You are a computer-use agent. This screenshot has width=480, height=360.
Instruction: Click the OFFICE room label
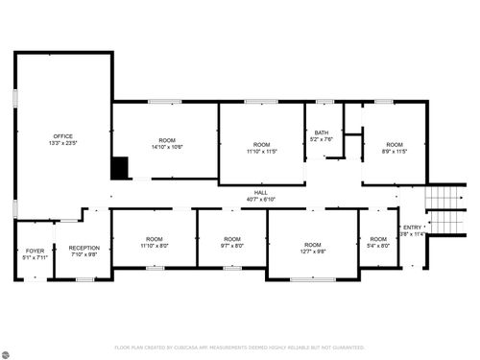pyautogui.click(x=63, y=136)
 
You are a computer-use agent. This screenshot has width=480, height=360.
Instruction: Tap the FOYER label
pyautogui.click(x=35, y=251)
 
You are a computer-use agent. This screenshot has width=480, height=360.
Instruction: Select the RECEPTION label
pyautogui.click(x=84, y=248)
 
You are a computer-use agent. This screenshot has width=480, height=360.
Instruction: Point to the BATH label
pyautogui.click(x=322, y=132)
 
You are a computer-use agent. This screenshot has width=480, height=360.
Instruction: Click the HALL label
pyautogui.click(x=261, y=193)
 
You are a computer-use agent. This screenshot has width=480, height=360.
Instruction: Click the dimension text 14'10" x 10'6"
pyautogui.click(x=167, y=147)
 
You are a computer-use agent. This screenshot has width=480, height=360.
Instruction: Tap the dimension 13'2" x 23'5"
pyautogui.click(x=63, y=143)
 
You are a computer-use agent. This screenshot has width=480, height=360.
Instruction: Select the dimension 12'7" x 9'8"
pyautogui.click(x=312, y=251)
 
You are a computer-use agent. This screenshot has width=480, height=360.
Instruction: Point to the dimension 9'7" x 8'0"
pyautogui.click(x=231, y=245)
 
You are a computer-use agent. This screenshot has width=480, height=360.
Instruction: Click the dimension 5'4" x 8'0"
pyautogui.click(x=378, y=245)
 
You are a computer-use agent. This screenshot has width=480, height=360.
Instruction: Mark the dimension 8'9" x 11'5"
pyautogui.click(x=395, y=151)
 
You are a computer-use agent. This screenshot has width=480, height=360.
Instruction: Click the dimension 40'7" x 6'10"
pyautogui.click(x=261, y=200)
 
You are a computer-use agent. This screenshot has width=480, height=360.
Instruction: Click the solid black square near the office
pyautogui.click(x=120, y=168)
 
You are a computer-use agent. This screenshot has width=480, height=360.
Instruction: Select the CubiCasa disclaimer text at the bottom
pyautogui.click(x=240, y=348)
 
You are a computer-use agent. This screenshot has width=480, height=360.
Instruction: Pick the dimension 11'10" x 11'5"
pyautogui.click(x=261, y=151)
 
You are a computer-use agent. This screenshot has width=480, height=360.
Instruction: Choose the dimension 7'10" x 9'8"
pyautogui.click(x=84, y=254)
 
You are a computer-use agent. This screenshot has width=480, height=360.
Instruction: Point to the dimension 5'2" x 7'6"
pyautogui.click(x=322, y=139)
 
